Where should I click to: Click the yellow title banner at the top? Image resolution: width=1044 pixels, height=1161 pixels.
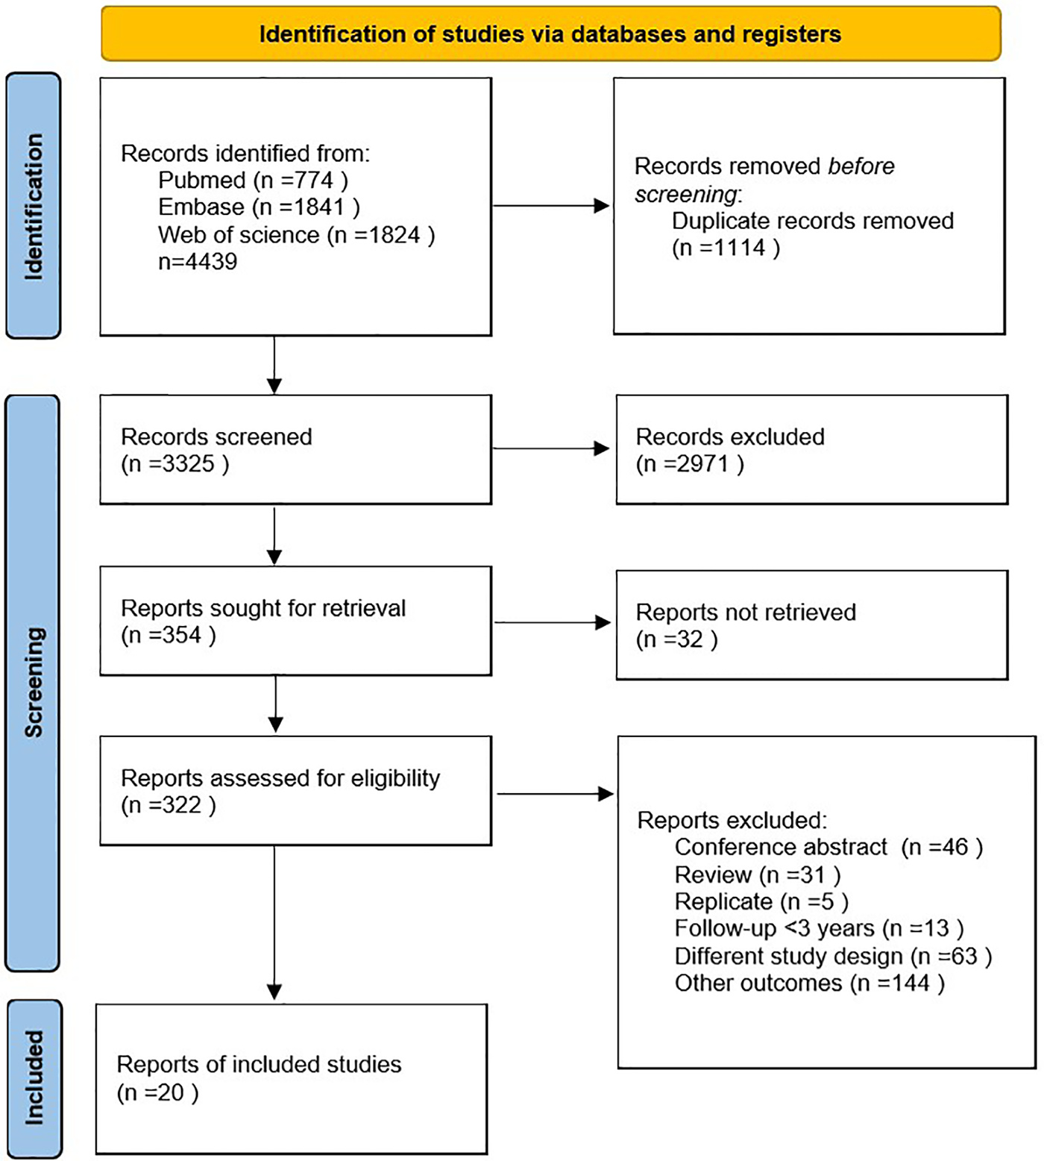point(550,34)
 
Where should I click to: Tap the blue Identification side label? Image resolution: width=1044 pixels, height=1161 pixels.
point(34,206)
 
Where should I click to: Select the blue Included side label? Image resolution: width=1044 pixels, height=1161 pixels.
point(34,1077)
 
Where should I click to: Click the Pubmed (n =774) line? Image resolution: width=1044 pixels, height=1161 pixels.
point(253,181)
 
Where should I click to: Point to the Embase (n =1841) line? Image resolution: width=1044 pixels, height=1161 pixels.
point(259,207)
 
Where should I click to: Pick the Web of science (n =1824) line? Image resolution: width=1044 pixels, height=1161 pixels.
point(296,235)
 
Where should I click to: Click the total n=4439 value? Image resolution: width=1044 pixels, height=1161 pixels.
point(198,262)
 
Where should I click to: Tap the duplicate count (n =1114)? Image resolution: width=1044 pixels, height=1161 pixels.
point(726,248)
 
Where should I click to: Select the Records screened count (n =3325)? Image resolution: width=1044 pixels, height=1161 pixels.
point(174,464)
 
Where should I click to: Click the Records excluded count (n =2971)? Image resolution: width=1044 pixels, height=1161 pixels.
point(690,464)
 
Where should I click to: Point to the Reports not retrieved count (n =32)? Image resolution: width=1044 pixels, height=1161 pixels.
point(676,639)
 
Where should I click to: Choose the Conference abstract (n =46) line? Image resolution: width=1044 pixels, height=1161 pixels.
point(828,848)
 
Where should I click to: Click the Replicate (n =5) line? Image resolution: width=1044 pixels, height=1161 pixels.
point(761,902)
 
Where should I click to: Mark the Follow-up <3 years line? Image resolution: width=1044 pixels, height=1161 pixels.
point(819,929)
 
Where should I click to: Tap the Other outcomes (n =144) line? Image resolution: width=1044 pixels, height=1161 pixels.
point(810,983)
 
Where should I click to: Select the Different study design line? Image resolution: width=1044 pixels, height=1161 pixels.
point(833,957)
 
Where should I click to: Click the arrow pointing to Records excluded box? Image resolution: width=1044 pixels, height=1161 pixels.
point(552,448)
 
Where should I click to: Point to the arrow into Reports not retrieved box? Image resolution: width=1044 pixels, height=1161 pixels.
point(553,622)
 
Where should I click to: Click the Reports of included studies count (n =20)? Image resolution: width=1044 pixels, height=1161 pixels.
point(157,1093)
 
